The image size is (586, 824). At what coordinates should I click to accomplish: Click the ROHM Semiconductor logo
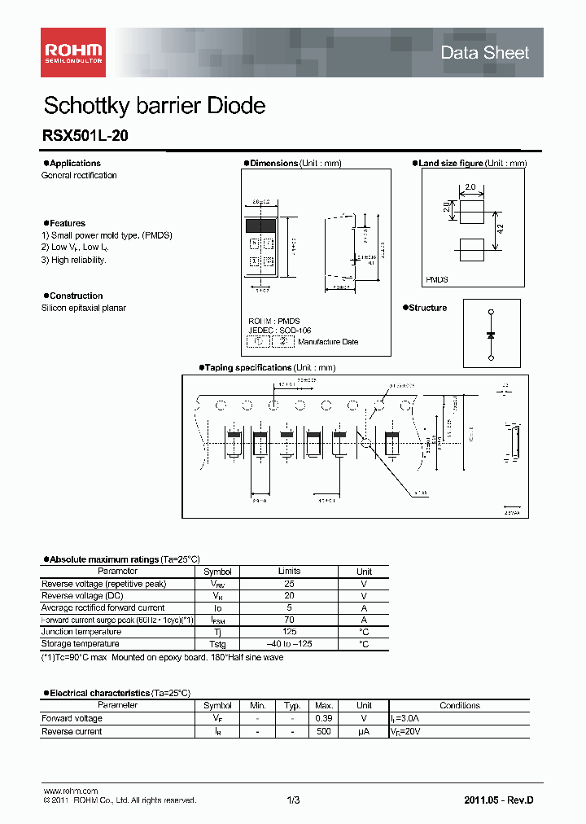(72, 52)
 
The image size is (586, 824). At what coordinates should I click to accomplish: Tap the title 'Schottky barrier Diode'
(154, 106)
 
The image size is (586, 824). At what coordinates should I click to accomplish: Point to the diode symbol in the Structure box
(491, 335)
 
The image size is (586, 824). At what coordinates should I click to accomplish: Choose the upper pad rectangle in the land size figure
(470, 213)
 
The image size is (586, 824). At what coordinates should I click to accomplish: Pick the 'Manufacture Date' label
(327, 342)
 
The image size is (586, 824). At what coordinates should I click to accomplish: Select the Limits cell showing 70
(289, 620)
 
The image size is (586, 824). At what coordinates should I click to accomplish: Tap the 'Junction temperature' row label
(81, 632)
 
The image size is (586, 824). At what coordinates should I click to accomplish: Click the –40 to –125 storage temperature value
(289, 644)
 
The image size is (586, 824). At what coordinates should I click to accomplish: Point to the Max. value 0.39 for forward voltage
(323, 718)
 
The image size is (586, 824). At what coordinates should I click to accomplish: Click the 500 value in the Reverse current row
(323, 731)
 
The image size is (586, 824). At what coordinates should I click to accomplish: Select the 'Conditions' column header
(460, 705)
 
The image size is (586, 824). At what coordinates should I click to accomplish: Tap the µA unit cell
(364, 731)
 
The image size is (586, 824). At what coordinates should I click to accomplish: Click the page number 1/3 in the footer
(293, 800)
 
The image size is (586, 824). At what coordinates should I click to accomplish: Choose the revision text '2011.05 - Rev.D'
(499, 800)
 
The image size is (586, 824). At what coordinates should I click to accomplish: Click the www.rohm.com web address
(70, 791)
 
